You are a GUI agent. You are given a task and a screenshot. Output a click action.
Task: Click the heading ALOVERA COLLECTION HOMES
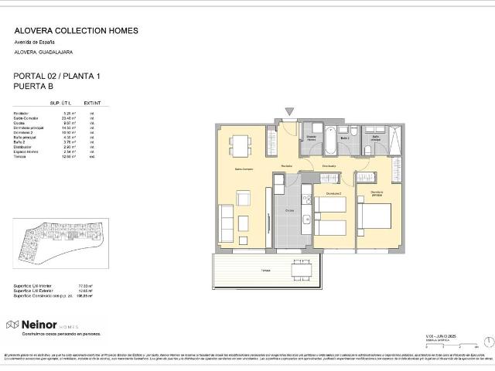77,31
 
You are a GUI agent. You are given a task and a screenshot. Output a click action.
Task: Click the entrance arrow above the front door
289,113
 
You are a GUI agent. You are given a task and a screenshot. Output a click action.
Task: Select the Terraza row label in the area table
21,156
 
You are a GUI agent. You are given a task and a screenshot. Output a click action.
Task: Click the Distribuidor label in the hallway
328,165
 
